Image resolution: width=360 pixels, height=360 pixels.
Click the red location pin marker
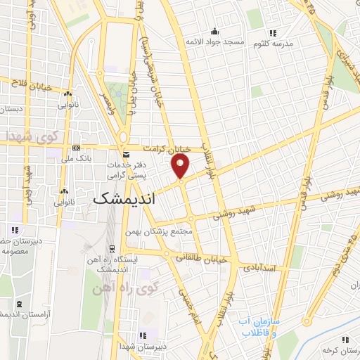181,166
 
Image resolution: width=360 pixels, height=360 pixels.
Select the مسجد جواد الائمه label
214,43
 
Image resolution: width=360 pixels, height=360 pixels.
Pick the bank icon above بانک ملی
76,148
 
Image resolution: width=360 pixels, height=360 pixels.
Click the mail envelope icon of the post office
125,154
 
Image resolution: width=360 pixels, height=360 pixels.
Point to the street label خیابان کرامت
167,150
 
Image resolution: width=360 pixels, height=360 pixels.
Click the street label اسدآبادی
261,269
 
